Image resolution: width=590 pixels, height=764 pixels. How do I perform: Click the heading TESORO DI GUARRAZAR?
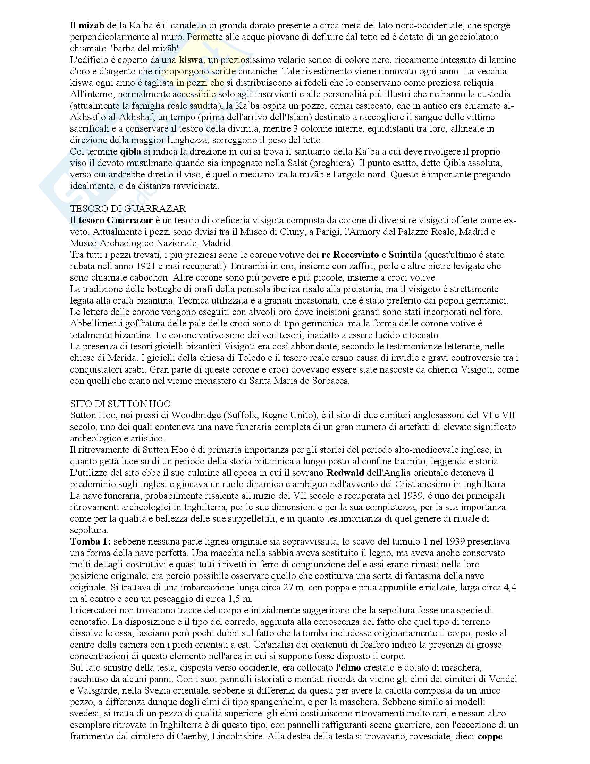(128, 209)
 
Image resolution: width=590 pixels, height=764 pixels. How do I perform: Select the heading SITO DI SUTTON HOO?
(120, 404)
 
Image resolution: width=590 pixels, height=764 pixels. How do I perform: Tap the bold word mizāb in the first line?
(91, 26)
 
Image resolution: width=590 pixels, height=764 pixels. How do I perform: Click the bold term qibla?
(130, 152)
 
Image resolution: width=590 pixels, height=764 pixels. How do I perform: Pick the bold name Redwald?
(345, 473)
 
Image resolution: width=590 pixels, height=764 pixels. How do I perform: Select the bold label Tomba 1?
(91, 542)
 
